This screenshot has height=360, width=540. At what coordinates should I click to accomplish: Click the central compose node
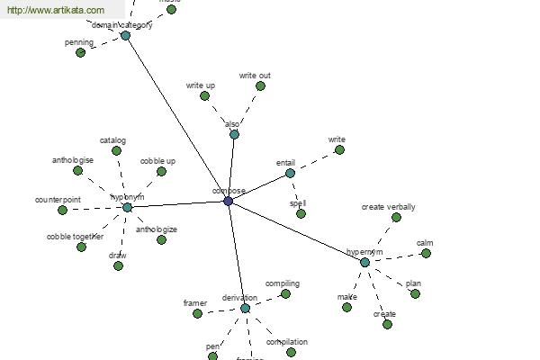(228, 202)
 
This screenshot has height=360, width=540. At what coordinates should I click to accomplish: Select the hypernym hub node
(364, 263)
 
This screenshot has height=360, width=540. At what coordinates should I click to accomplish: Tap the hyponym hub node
(127, 207)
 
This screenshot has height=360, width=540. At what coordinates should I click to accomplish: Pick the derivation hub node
(245, 308)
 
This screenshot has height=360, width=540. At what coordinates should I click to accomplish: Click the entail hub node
(290, 173)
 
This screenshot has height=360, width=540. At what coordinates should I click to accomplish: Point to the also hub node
(234, 134)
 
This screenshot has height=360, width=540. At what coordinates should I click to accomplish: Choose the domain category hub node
(125, 35)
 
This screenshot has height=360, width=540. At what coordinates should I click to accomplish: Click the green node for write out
(260, 86)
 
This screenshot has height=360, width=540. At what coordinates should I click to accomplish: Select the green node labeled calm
(426, 254)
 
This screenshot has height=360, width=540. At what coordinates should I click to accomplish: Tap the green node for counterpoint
(62, 210)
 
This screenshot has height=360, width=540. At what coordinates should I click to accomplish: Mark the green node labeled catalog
(116, 150)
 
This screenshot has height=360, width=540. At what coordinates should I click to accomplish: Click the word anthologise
(73, 160)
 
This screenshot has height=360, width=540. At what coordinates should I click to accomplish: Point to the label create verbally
(388, 207)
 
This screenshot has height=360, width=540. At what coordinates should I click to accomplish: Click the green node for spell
(301, 213)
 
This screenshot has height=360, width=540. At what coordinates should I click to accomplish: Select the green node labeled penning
(80, 52)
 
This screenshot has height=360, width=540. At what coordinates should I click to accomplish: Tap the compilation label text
(287, 342)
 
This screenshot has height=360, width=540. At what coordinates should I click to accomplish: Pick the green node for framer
(197, 313)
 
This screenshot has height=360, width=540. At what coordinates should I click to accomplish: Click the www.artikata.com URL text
(55, 10)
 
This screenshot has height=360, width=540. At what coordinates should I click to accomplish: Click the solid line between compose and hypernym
(297, 232)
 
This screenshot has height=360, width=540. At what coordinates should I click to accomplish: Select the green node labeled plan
(415, 293)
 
